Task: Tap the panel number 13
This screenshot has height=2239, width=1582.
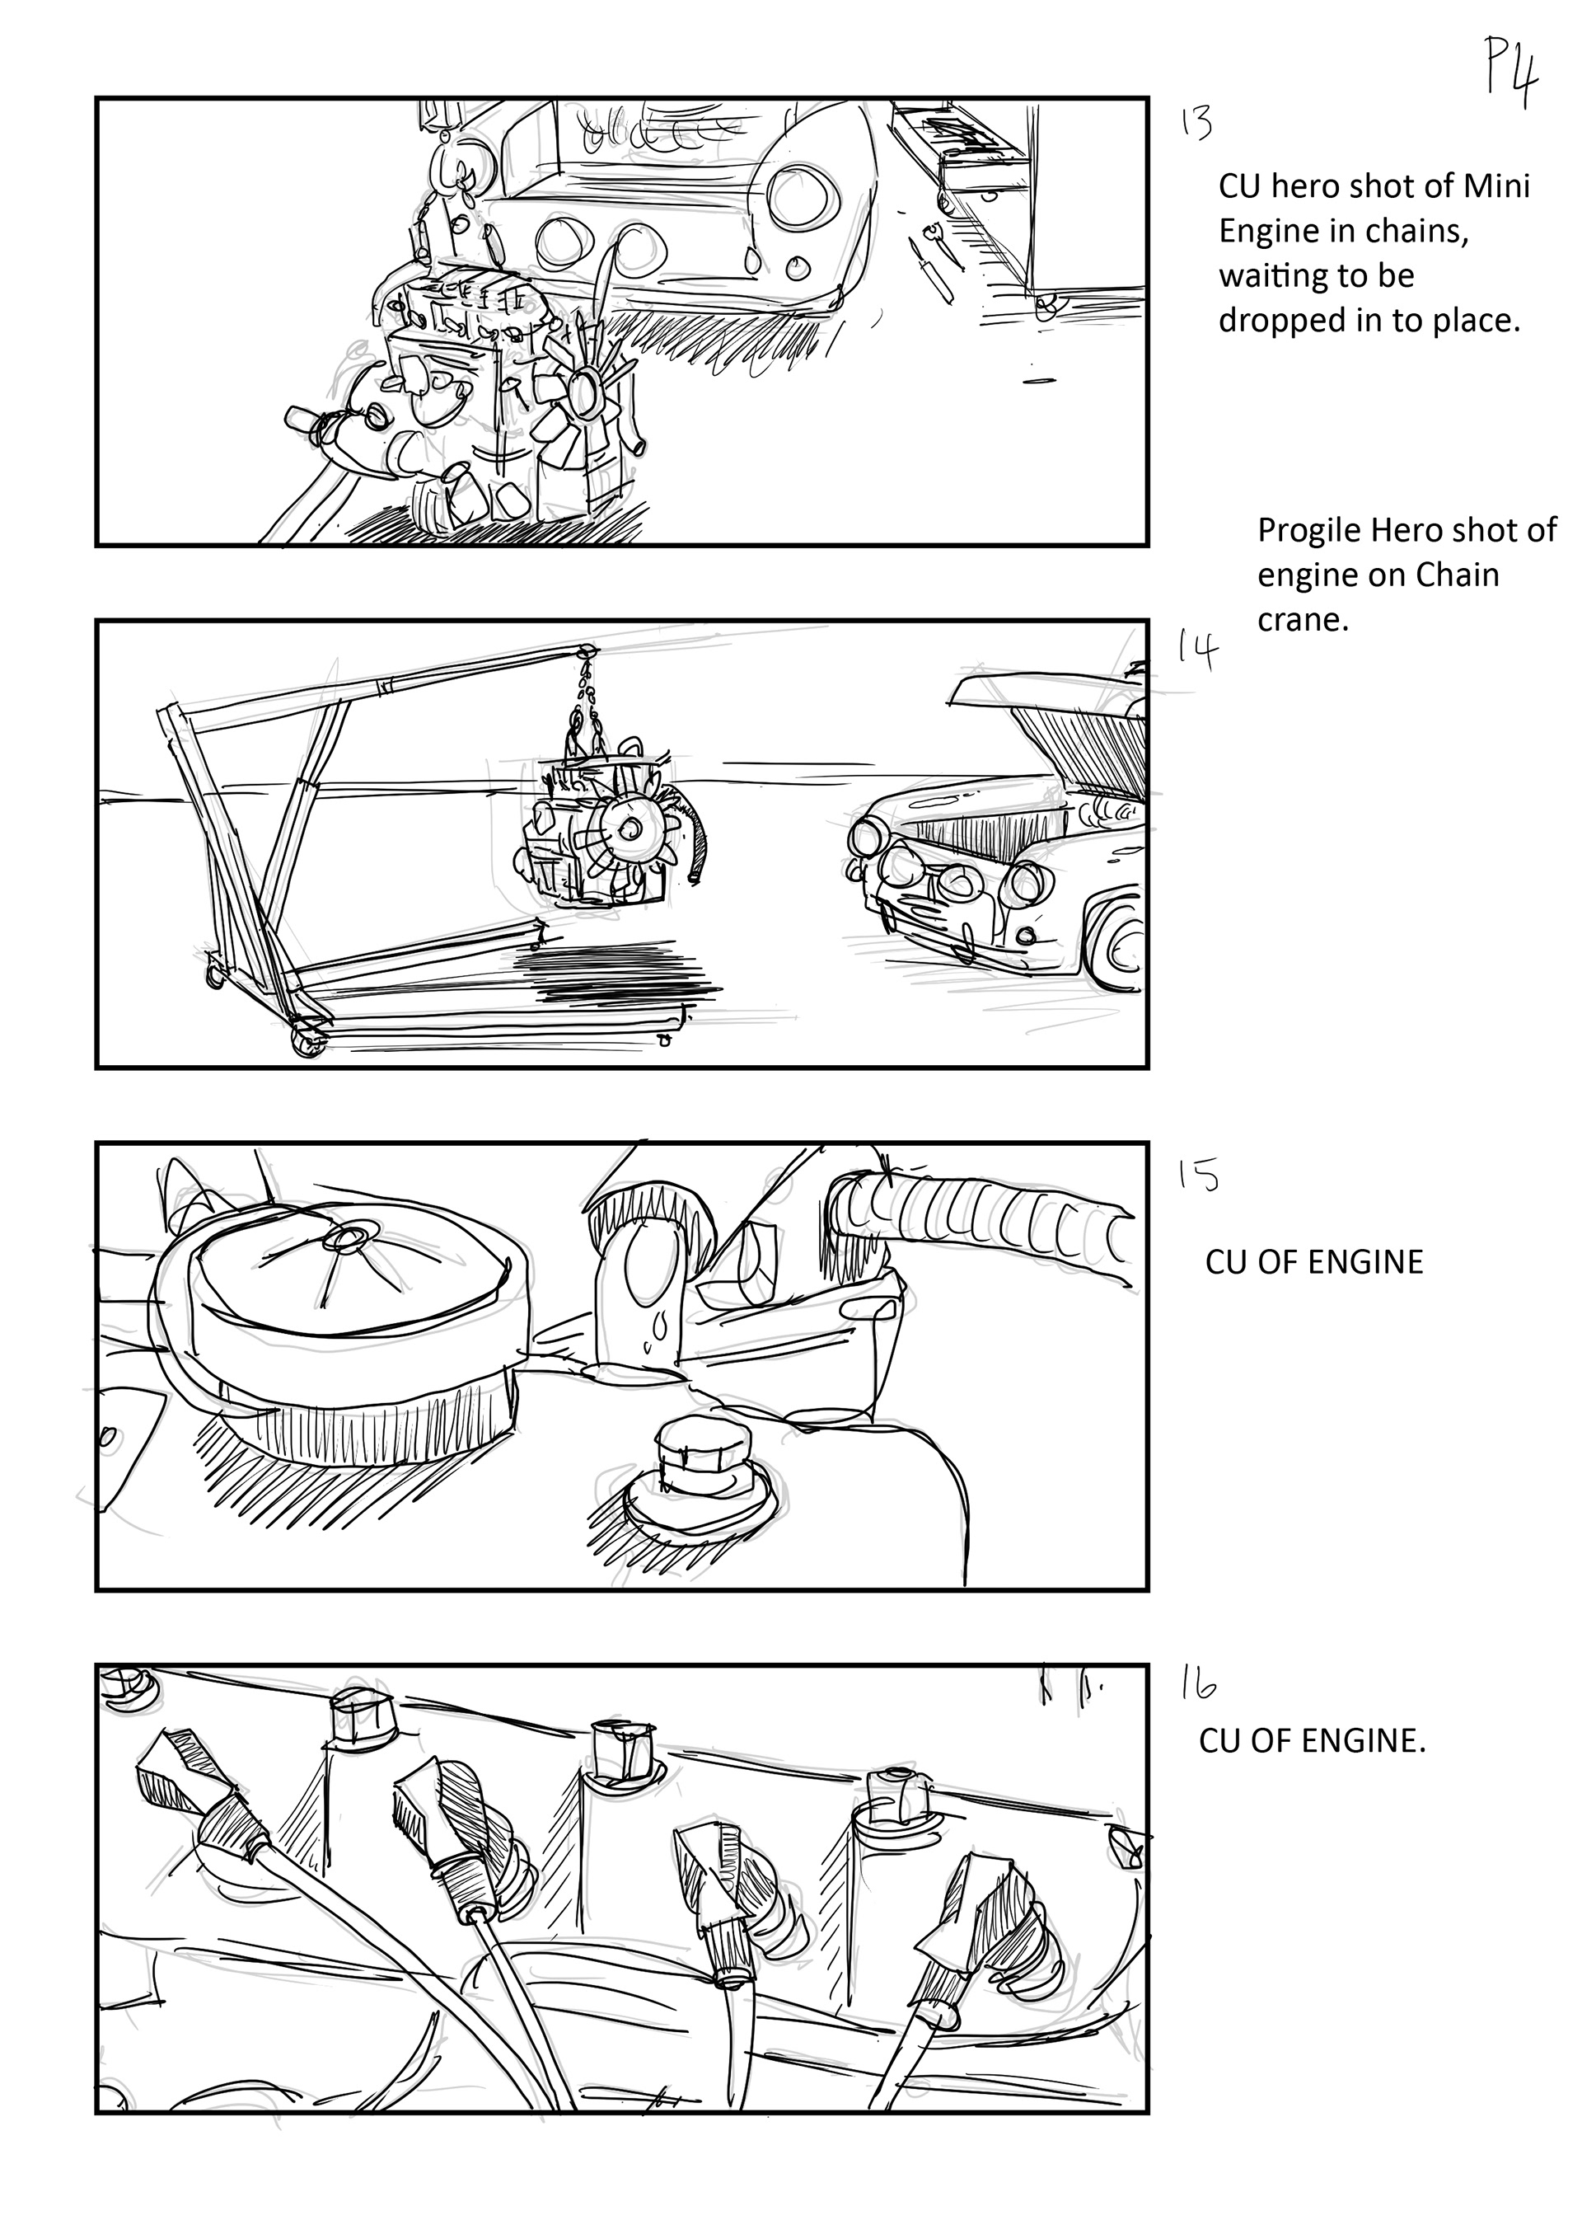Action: (x=1196, y=124)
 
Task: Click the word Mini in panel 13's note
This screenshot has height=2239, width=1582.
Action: (x=1501, y=185)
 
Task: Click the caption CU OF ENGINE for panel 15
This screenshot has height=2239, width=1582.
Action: (x=1314, y=1262)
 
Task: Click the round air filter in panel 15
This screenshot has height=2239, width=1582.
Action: (x=341, y=1287)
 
